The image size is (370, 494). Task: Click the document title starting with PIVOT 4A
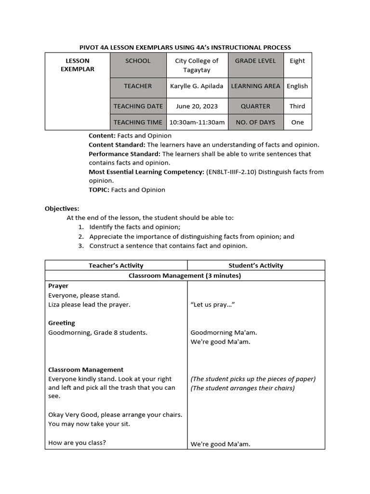pyautogui.click(x=185, y=47)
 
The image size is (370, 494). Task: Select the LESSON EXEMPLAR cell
pyautogui.click(x=78, y=65)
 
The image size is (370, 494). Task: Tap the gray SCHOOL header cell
pyautogui.click(x=138, y=61)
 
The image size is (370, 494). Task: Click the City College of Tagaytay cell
pyautogui.click(x=197, y=65)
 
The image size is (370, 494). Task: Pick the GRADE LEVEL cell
pyautogui.click(x=255, y=61)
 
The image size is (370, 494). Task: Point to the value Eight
pyautogui.click(x=297, y=61)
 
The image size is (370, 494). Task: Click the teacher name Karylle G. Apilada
pyautogui.click(x=197, y=86)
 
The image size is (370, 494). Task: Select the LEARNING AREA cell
pyautogui.click(x=255, y=86)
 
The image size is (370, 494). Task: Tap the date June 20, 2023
pyautogui.click(x=197, y=107)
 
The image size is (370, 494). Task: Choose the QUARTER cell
pyautogui.click(x=255, y=107)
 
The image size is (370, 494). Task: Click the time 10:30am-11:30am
pyautogui.click(x=197, y=123)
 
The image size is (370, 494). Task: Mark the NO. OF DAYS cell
pyautogui.click(x=255, y=123)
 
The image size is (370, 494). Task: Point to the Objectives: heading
pyautogui.click(x=62, y=209)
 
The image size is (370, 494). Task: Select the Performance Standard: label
pyautogui.click(x=124, y=154)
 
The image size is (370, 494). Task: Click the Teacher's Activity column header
pyautogui.click(x=116, y=266)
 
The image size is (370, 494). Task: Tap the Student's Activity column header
pyautogui.click(x=256, y=266)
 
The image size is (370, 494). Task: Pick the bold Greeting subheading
pyautogui.click(x=62, y=323)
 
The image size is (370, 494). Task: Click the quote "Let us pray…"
pyautogui.click(x=212, y=305)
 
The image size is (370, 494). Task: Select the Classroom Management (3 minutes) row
pyautogui.click(x=185, y=276)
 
